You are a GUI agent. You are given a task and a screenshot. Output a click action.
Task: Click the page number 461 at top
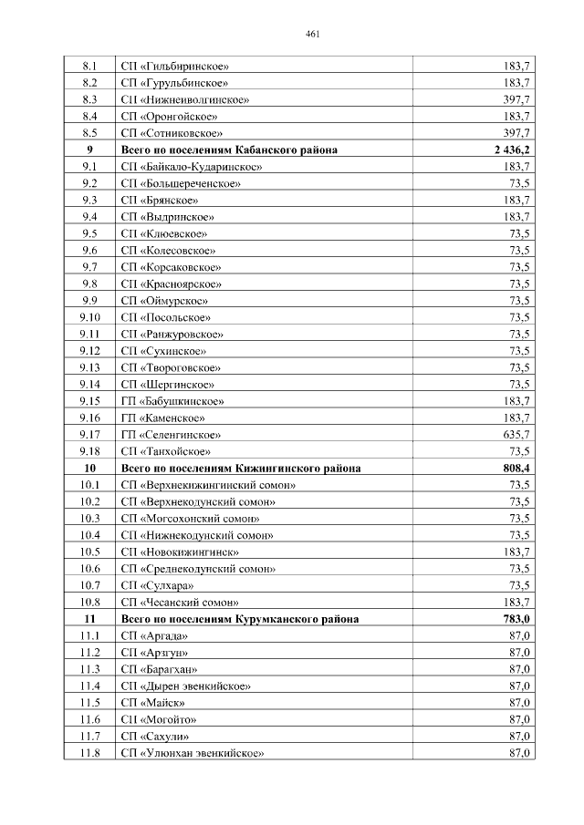[x=311, y=36]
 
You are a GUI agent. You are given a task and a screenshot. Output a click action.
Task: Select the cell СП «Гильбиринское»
[x=174, y=67]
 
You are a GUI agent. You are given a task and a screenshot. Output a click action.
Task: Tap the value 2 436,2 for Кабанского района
[x=509, y=150]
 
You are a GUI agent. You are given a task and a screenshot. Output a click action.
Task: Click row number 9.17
[x=89, y=434]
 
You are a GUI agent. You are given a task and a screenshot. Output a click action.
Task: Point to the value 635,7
[x=516, y=434]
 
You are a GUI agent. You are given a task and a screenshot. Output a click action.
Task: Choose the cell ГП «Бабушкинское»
[x=172, y=401]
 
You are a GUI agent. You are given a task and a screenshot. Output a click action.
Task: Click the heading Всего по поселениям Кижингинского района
[x=240, y=468]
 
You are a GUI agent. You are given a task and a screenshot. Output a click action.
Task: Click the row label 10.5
[x=89, y=552]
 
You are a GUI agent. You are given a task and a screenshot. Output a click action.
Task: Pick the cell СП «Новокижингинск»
[x=180, y=552]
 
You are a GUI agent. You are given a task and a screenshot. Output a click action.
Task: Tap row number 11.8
[x=89, y=753]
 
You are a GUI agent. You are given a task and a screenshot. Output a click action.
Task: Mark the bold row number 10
[x=89, y=468]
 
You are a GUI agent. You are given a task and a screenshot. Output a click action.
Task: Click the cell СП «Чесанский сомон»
[x=180, y=602]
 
